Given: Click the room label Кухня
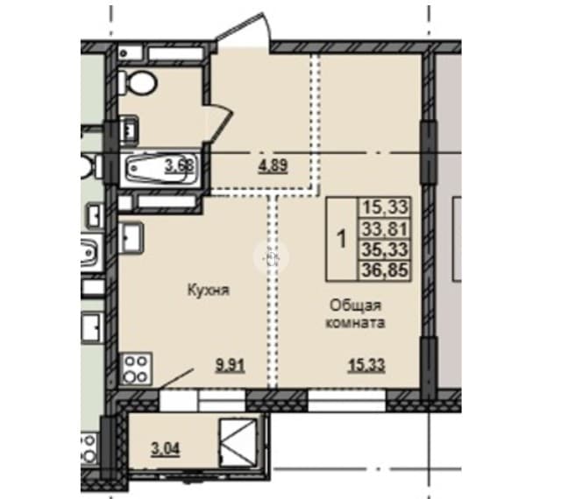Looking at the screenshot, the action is pyautogui.click(x=209, y=291).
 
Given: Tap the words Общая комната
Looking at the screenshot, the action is pyautogui.click(x=354, y=314).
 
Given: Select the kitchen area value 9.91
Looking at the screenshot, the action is pyautogui.click(x=230, y=366).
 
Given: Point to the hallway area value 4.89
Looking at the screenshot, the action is pyautogui.click(x=273, y=166).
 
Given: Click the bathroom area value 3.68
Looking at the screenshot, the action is pyautogui.click(x=179, y=165).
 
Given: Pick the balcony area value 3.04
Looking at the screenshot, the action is pyautogui.click(x=166, y=448).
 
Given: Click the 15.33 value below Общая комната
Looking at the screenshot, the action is pyautogui.click(x=367, y=366).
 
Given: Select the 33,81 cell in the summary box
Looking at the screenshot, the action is pyautogui.click(x=385, y=228).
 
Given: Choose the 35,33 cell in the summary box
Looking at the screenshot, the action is pyautogui.click(x=385, y=249).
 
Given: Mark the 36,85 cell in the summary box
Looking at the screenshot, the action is pyautogui.click(x=385, y=270).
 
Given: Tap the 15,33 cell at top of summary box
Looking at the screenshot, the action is pyautogui.click(x=385, y=207).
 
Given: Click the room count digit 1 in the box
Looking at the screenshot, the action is pyautogui.click(x=343, y=239).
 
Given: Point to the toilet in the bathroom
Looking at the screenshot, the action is pyautogui.click(x=138, y=83).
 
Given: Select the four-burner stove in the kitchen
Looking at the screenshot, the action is pyautogui.click(x=136, y=369).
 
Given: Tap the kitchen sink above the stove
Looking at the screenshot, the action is pyautogui.click(x=131, y=238).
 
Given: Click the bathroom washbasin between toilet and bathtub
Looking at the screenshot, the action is pyautogui.click(x=127, y=130).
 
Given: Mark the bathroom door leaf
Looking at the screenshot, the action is pyautogui.click(x=219, y=124).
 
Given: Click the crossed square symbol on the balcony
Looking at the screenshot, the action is pyautogui.click(x=238, y=442).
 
